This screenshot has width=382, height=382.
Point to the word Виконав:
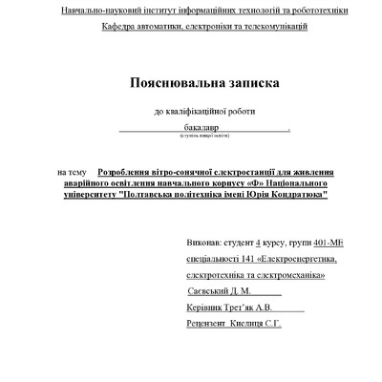coord(209,244)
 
